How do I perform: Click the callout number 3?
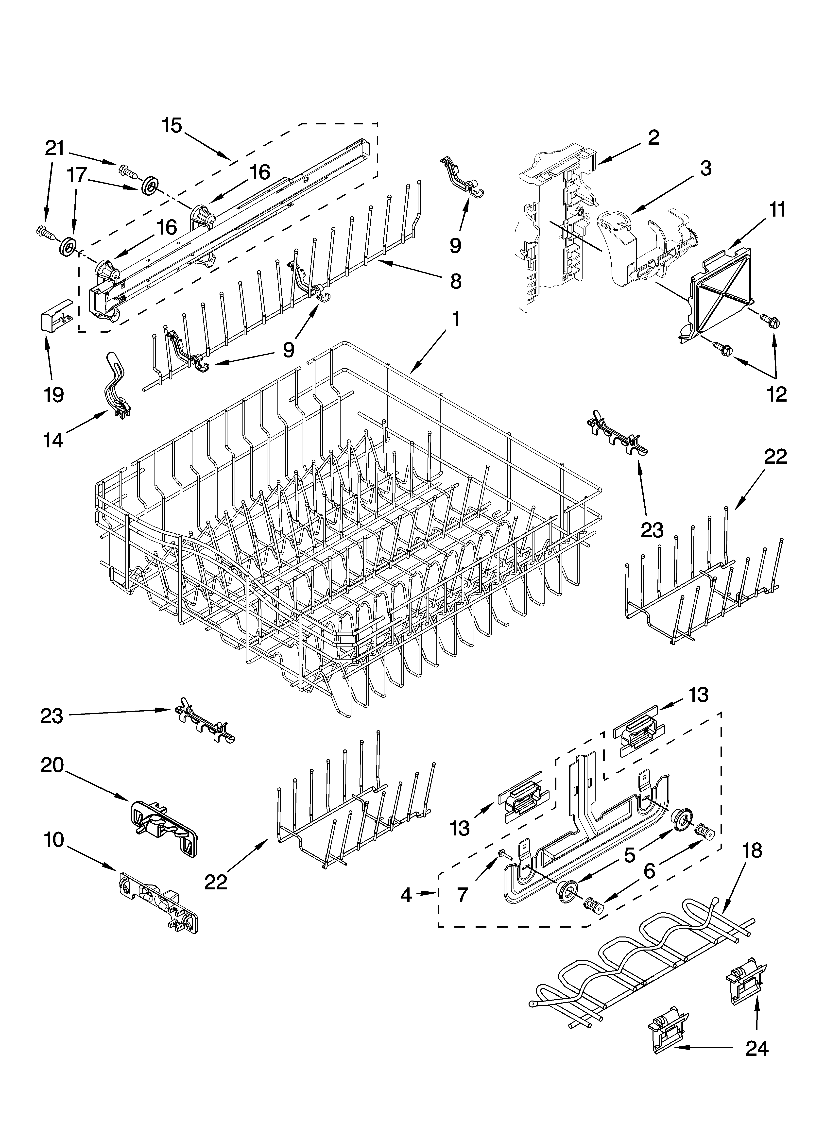click(x=705, y=169)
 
